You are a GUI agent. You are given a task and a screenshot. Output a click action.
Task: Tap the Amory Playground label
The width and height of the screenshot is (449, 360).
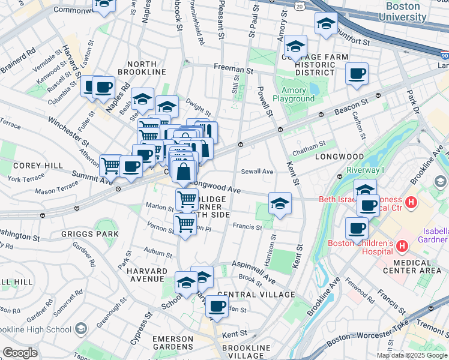point(294,94)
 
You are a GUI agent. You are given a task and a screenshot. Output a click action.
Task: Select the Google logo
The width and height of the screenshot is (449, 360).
point(20,353)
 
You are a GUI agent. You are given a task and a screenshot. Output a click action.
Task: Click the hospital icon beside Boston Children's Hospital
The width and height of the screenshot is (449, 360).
point(402,246)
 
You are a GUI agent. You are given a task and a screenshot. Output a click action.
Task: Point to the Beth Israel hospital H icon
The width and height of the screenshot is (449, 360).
point(411,203)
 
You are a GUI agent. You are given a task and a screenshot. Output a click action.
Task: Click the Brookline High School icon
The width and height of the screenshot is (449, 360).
point(80,329)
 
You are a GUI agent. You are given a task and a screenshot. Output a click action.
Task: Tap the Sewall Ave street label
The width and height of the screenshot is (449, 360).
point(257,172)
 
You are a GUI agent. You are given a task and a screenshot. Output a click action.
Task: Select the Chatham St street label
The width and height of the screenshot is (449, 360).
point(309,144)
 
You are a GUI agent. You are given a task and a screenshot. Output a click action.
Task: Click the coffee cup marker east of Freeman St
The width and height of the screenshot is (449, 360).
point(357,74)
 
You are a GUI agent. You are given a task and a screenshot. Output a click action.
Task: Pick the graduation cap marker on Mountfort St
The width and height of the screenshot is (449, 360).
point(326,23)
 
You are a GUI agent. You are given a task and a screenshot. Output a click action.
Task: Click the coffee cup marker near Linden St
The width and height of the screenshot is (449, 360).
point(217,306)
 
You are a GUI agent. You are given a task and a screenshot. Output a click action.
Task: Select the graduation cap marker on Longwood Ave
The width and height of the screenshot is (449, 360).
point(280,203)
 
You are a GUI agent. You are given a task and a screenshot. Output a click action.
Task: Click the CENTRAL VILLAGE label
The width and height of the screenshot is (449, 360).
point(256,295)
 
